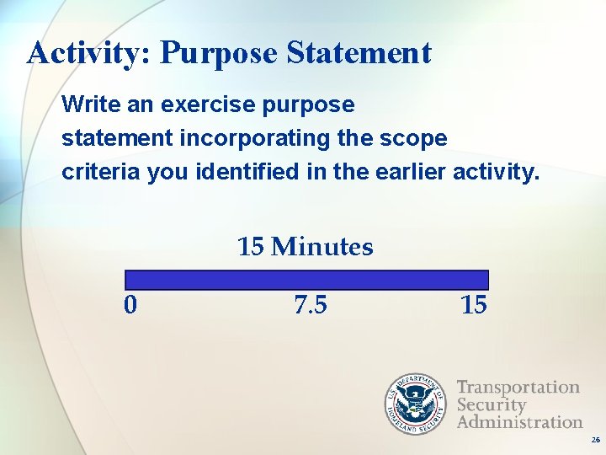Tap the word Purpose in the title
coord(218,53)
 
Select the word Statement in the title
coord(359,53)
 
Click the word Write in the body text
coord(88,105)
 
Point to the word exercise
coord(193,105)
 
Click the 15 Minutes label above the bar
coord(305,247)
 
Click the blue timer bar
coord(306,280)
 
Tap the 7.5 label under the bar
coord(311,304)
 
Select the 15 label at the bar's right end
coord(473,304)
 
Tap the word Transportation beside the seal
coord(518,388)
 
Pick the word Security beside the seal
coord(491,404)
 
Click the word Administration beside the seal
coord(519,421)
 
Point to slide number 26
coord(595,441)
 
